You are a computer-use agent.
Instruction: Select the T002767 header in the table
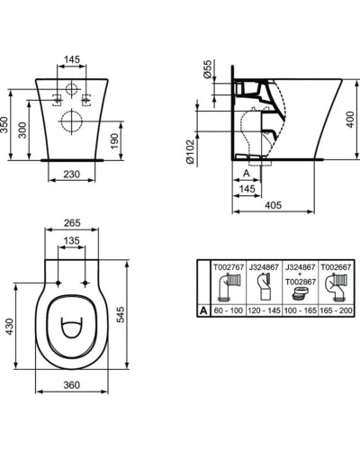227,267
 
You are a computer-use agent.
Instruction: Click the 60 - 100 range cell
227,307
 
